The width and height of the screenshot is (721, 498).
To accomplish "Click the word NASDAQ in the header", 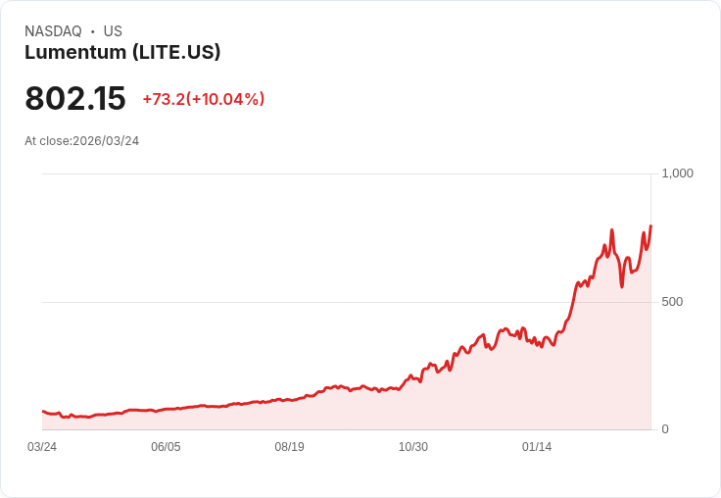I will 53,31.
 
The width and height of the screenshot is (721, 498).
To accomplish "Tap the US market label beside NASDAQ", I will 113,31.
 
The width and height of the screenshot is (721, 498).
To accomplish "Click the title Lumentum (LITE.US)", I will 122,52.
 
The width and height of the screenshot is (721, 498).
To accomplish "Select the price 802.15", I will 75,99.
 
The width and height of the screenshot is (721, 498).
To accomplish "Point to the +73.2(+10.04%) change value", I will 204,99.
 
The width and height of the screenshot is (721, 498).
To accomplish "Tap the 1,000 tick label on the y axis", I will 678,174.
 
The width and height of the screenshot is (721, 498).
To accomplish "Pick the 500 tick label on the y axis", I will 672,302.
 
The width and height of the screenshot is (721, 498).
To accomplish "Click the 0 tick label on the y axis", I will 665,429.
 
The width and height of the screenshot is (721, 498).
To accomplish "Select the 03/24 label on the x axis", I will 42,447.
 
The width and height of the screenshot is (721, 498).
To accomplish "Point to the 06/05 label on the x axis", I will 166,447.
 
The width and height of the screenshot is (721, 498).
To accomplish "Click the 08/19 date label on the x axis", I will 289,447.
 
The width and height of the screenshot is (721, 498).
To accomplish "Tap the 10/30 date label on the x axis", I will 413,447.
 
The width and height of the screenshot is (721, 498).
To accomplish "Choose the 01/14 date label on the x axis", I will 537,447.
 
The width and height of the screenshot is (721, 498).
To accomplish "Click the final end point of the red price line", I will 650,225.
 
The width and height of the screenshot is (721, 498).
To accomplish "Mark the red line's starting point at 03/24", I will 42,412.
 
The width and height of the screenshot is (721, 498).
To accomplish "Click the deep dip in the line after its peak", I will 622,286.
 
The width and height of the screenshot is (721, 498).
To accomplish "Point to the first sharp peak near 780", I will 611,230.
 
